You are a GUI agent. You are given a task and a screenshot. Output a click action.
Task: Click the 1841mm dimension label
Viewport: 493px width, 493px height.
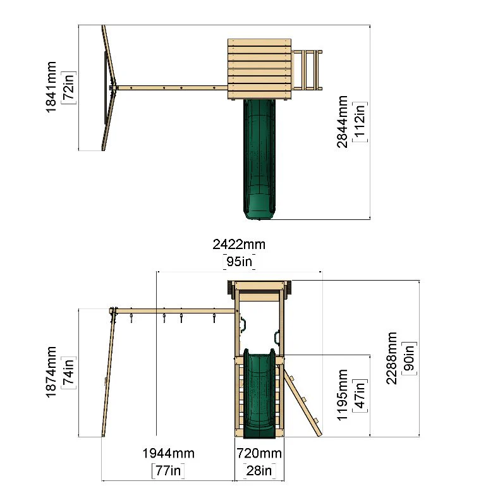coord(51,87)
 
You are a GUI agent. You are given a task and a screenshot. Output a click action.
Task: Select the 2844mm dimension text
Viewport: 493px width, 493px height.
coord(342,122)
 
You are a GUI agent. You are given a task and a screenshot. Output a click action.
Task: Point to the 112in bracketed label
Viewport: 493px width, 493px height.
coord(360,122)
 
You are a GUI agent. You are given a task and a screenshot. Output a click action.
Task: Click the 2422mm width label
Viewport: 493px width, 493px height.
coord(239,245)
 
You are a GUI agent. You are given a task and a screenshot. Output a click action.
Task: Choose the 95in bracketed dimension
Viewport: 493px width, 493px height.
coord(240,262)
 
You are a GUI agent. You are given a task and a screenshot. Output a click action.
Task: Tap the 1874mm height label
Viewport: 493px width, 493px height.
coord(51,372)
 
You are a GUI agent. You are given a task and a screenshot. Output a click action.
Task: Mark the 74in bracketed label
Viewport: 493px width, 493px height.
coord(68,372)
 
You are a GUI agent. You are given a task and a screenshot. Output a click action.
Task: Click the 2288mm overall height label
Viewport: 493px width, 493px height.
coord(391,358)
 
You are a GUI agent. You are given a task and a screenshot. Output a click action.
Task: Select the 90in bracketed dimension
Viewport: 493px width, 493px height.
coord(410,358)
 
